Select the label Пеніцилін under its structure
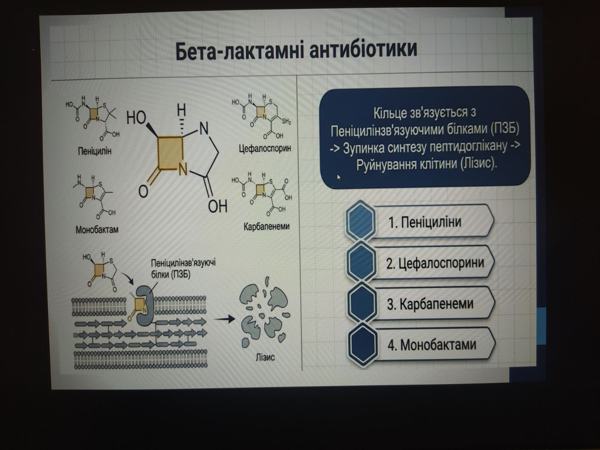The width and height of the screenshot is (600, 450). tap(94, 151)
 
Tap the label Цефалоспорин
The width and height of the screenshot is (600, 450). tap(265, 148)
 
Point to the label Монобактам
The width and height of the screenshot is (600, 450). tap(97, 229)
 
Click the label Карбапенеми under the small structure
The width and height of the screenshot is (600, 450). tap(266, 226)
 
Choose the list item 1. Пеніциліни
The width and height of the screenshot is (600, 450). tap(424, 222)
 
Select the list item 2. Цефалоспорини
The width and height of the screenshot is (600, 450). tap(435, 263)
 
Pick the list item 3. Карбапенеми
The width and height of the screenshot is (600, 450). tap(430, 304)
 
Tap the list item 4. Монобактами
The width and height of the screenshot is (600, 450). tap(432, 345)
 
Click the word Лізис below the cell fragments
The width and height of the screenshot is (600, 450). tap(265, 357)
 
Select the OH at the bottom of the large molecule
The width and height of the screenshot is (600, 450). tap(217, 206)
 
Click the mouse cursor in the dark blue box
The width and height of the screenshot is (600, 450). tap(339, 177)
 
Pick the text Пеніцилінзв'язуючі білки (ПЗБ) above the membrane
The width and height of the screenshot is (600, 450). tap(183, 268)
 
